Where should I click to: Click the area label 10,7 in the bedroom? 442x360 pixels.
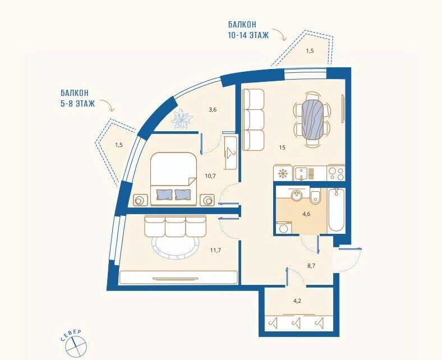210,176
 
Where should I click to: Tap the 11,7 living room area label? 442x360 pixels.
215,250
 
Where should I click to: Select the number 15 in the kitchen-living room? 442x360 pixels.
282,147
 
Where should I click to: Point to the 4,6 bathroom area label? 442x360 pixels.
306,214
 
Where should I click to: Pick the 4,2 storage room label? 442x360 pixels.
297,301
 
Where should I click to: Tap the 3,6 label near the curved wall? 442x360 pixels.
212,110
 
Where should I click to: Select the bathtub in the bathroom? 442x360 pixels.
337,210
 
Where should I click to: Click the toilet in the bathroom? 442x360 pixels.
315,196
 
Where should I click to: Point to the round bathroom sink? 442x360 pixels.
296,195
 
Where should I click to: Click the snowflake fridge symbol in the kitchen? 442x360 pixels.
282,173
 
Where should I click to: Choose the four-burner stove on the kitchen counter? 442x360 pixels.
336,173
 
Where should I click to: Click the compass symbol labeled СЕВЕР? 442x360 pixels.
75,344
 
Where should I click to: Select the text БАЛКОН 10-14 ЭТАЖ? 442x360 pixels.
248,30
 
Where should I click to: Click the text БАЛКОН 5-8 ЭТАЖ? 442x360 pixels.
77,98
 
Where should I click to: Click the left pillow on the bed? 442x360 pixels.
165,194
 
